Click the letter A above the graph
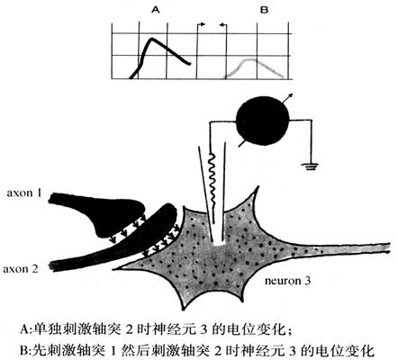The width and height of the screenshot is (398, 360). tap(156, 10)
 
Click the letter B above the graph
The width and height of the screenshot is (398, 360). tap(264, 10)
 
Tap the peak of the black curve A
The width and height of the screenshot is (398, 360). tap(152, 39)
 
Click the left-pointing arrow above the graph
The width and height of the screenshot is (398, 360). tap(222, 25)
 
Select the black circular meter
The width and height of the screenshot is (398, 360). tap(263, 121)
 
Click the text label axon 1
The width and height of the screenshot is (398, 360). tap(24, 193)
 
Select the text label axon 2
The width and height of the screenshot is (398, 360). tap(21, 269)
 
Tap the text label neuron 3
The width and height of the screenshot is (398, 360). tap(287, 281)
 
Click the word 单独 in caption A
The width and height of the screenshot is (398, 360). tap(47, 329)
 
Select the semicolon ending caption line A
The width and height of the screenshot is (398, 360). tap(290, 331)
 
